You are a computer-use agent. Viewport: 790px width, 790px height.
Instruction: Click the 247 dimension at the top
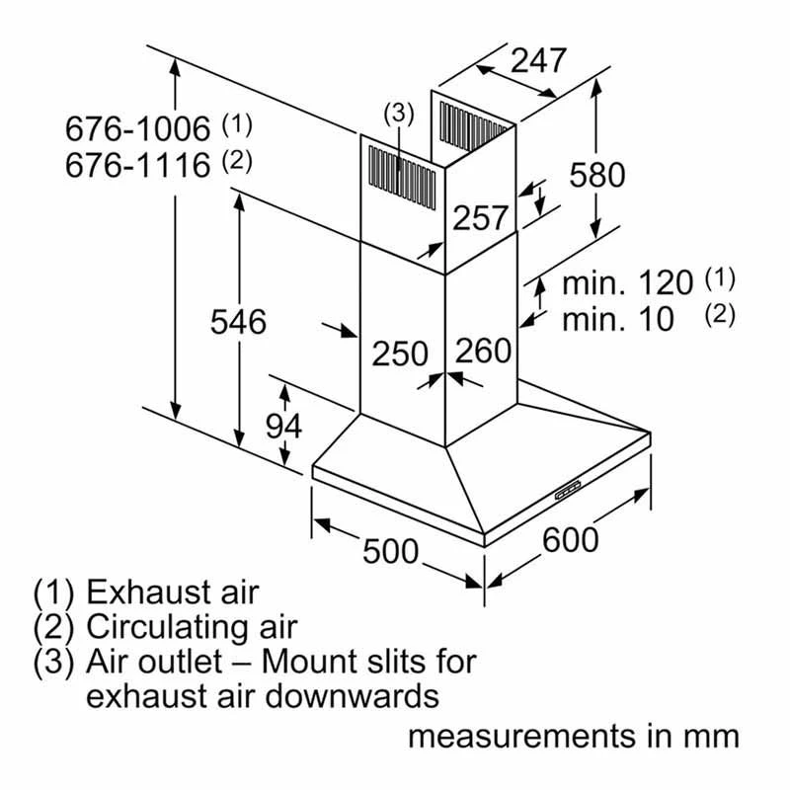540,60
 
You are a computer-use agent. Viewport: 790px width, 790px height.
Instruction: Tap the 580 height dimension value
596,175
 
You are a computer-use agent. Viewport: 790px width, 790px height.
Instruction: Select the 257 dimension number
480,218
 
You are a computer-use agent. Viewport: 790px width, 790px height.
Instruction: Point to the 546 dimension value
238,321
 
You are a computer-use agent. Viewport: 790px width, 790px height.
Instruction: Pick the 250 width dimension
400,353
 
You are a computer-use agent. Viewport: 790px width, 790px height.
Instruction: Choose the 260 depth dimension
484,351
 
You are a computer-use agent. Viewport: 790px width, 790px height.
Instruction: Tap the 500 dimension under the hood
391,551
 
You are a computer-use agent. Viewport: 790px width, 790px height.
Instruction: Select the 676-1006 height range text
138,128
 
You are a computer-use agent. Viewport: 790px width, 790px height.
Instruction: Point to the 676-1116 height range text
138,164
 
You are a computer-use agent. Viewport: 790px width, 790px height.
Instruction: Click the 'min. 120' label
628,283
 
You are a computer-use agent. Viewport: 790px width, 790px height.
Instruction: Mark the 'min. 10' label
618,319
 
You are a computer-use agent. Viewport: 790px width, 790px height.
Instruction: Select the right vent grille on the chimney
472,128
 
